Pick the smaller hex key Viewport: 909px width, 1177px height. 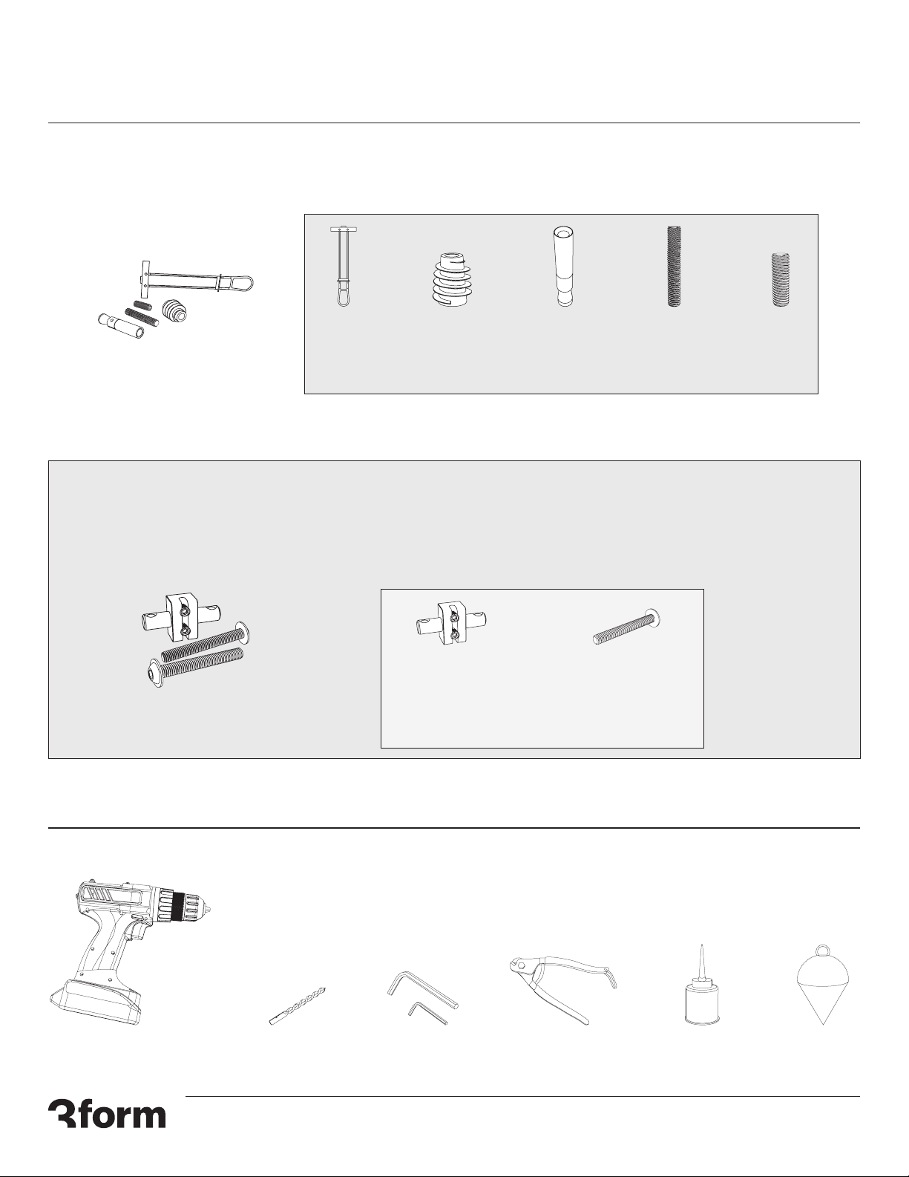coord(427,1013)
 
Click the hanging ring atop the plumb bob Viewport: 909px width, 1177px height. coord(822,951)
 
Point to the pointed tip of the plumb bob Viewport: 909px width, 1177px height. coord(823,1024)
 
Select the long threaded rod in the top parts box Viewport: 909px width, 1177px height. coord(674,267)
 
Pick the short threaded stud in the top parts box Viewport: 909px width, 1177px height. coord(780,279)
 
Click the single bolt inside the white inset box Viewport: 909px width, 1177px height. coord(628,627)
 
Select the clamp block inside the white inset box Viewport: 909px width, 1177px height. coord(450,623)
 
